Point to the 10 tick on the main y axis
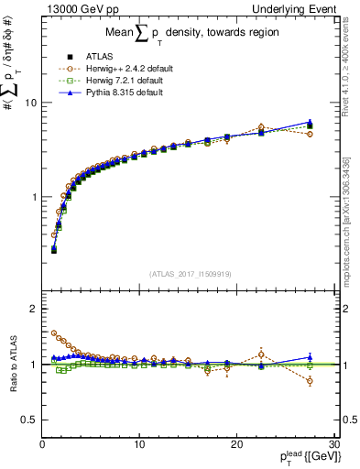pos(30,103)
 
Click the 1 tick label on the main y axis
pos(33,197)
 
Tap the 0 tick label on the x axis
pos(42,445)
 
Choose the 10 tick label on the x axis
pos(138,445)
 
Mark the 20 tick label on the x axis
pos(235,445)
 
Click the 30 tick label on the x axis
pos(333,445)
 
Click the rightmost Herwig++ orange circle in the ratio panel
pos(310,381)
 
